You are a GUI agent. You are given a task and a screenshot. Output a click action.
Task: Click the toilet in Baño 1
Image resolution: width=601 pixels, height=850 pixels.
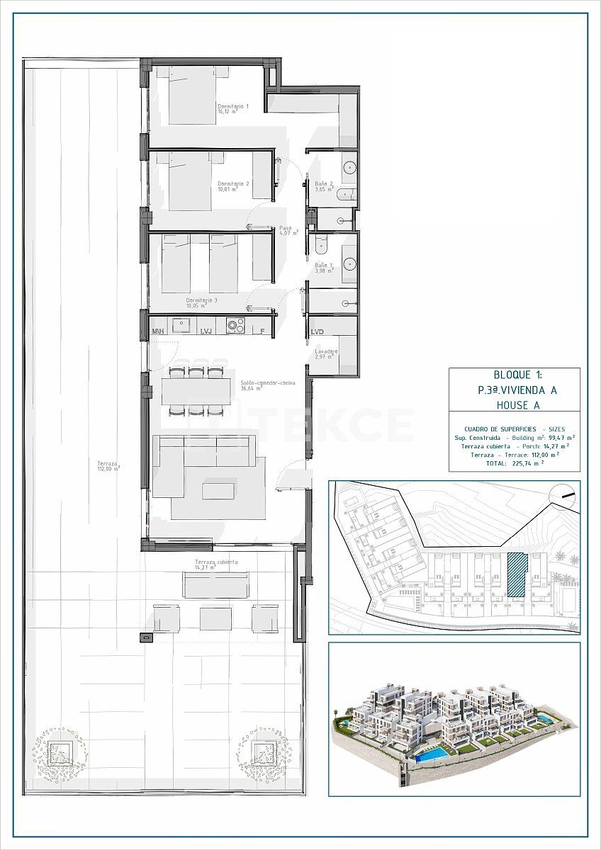(320, 244)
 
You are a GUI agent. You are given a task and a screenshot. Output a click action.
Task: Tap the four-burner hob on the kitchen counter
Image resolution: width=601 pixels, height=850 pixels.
(235, 325)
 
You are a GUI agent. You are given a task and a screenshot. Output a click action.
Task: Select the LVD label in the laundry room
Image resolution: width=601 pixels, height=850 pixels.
(317, 331)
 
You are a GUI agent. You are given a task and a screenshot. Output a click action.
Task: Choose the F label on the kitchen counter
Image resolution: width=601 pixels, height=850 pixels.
(262, 331)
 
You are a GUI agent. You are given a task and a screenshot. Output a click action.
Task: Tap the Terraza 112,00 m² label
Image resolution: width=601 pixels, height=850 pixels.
(108, 466)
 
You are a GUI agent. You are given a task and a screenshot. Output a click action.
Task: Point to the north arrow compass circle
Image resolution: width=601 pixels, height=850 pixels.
(565, 494)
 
